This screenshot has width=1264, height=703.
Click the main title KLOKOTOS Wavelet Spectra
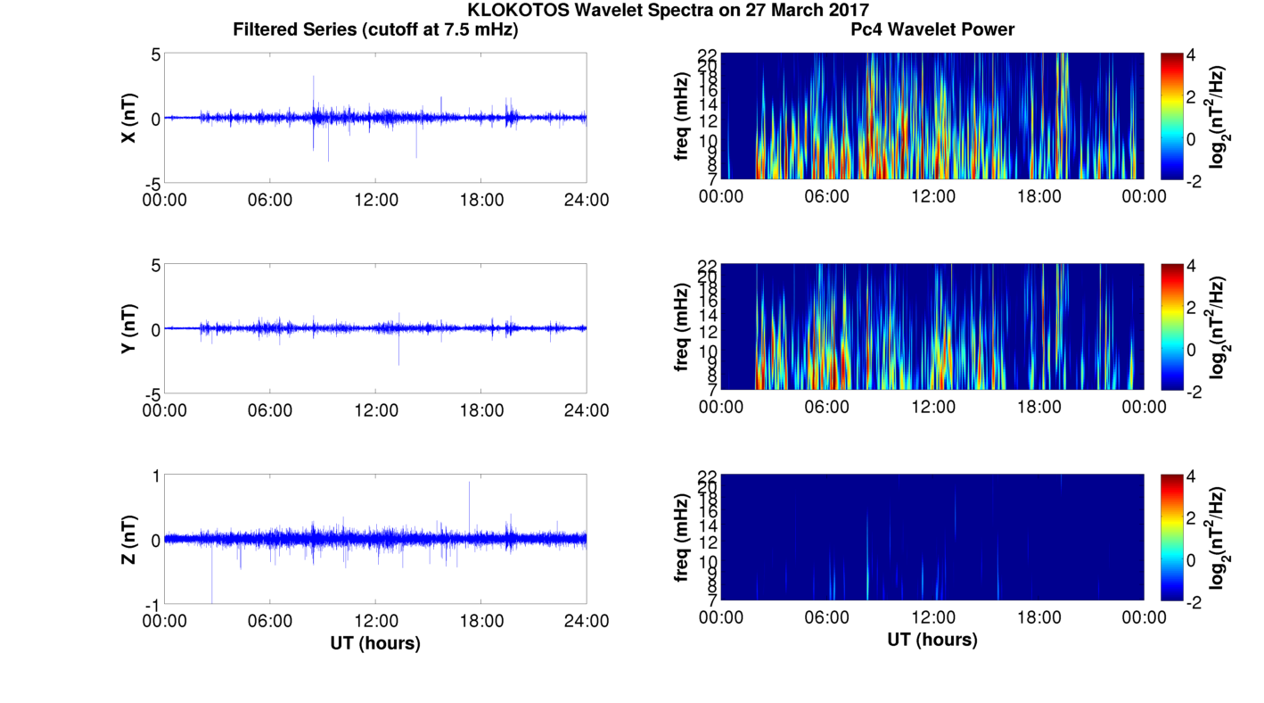[x=632, y=10]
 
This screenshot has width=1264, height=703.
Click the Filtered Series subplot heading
[x=375, y=29]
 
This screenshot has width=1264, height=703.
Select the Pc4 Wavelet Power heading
[x=932, y=29]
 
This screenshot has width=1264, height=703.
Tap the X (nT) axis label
[x=129, y=118]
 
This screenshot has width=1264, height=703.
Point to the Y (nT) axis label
[x=129, y=328]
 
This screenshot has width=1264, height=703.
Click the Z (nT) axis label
[x=129, y=539]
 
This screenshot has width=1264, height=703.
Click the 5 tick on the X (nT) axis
[x=155, y=54]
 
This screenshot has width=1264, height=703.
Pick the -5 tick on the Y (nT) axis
[x=152, y=393]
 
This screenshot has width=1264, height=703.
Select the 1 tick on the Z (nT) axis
[x=155, y=476]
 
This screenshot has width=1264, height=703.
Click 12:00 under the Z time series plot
[x=375, y=620]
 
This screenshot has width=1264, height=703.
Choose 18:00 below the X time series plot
[x=481, y=199]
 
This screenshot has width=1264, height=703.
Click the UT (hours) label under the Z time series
[x=375, y=642]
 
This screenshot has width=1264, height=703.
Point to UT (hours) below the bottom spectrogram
[x=932, y=640]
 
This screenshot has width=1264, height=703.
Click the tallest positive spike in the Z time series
[x=470, y=484]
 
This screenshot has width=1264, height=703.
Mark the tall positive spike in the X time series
[x=314, y=79]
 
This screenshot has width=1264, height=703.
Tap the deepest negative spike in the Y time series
[x=398, y=362]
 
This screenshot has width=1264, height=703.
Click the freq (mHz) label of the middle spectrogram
[x=682, y=327]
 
